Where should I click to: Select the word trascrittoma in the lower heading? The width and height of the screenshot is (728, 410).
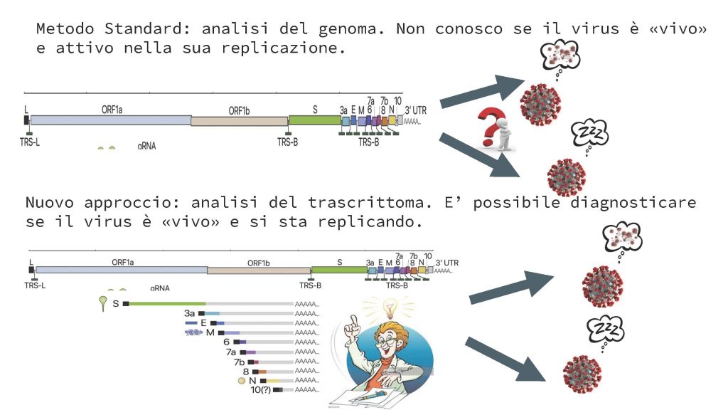point(370,202)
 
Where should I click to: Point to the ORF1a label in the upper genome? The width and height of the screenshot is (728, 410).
point(112,110)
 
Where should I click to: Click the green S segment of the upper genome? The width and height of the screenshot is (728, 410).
point(315,120)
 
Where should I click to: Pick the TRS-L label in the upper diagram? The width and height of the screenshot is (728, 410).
point(30,142)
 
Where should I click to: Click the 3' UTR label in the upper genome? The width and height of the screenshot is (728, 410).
point(415,110)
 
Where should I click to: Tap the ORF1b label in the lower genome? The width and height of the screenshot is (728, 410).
point(259,263)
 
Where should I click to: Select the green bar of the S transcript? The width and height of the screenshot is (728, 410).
point(167,303)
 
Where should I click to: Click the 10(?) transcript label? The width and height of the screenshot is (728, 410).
point(260,389)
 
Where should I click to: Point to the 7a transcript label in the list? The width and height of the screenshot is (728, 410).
point(231,352)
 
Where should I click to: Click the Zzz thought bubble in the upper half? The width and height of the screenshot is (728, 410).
point(589,135)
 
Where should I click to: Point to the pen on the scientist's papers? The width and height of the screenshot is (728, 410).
point(369,396)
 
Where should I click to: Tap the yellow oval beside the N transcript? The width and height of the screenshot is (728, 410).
point(242,381)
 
